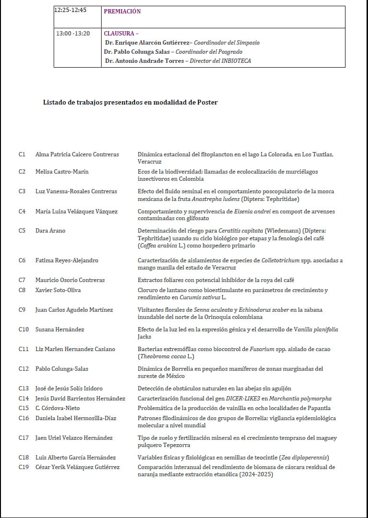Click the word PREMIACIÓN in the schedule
tap(122, 12)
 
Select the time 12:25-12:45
tap(70, 10)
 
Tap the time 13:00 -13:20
tap(73, 34)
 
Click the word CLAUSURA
tap(119, 34)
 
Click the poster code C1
tap(22, 154)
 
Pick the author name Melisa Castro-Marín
tap(62, 172)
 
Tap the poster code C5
tap(22, 231)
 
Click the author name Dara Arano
tap(50, 231)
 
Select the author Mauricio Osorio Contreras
tap(70, 280)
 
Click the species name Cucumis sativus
tap(196, 298)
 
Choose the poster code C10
tap(24, 330)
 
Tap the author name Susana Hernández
tap(60, 330)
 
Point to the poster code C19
tap(24, 467)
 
